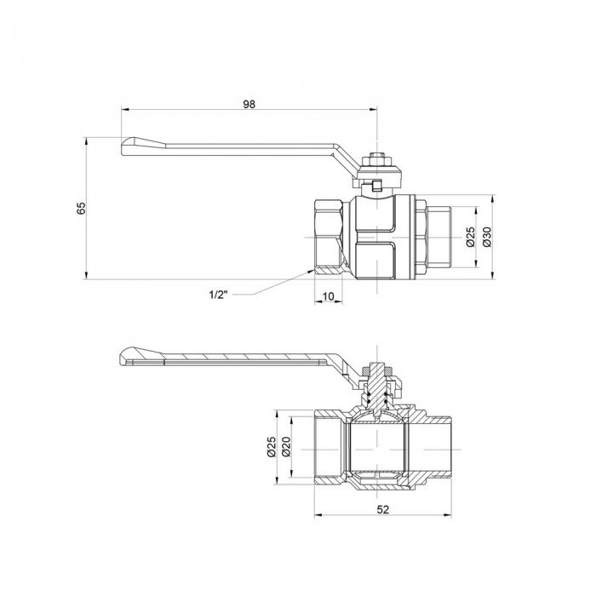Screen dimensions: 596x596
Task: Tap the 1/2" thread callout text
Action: click(219, 295)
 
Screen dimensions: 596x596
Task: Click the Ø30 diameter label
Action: click(487, 236)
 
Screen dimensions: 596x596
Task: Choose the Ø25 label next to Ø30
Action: click(470, 236)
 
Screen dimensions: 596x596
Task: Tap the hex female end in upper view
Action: click(327, 237)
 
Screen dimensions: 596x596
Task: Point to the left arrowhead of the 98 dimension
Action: click(125, 110)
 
